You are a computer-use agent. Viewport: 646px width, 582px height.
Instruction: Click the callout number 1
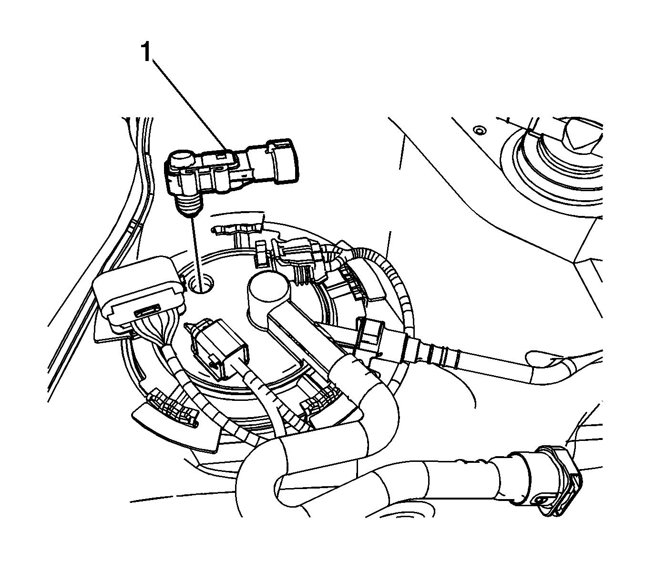146,52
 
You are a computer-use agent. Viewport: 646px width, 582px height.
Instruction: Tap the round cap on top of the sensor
181,158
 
